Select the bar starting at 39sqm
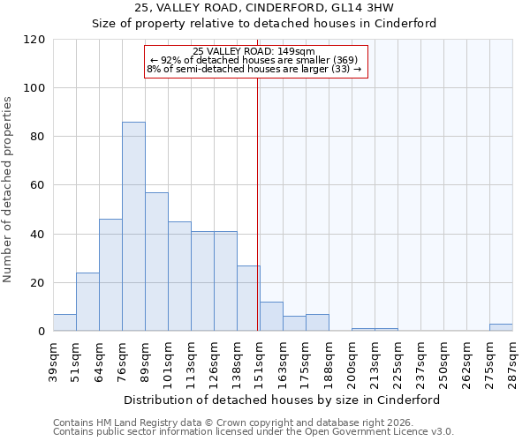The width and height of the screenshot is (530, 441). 64,323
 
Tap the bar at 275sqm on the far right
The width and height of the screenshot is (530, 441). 501,327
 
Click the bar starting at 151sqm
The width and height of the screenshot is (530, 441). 271,317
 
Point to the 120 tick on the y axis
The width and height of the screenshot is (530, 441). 35,40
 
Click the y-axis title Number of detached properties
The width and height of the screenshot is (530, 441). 9,190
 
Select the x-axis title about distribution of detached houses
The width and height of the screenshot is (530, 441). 282,400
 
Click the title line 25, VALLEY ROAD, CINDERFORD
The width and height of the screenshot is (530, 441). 264,8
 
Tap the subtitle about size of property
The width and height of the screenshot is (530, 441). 264,24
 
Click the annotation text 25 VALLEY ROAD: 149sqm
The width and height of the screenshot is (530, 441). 254,51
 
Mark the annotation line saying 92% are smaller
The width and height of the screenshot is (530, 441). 254,60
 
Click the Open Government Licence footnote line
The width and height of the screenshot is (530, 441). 253,432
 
